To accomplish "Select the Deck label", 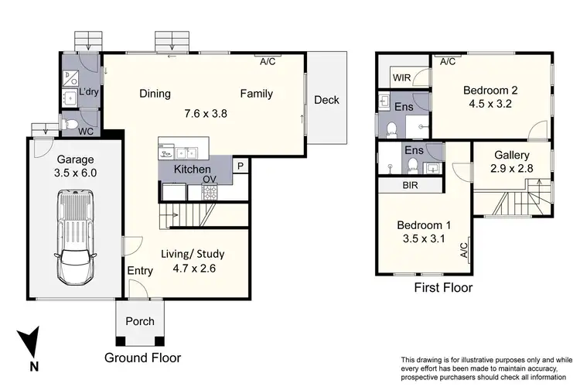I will (326, 100).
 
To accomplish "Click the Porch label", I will (140, 321).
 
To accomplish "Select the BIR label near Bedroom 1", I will (410, 186).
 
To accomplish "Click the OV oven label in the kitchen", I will (209, 180).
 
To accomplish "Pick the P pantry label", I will (241, 166).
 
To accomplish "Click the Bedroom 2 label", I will (490, 91).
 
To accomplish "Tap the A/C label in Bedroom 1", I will (463, 249).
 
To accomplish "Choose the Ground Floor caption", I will (142, 358).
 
